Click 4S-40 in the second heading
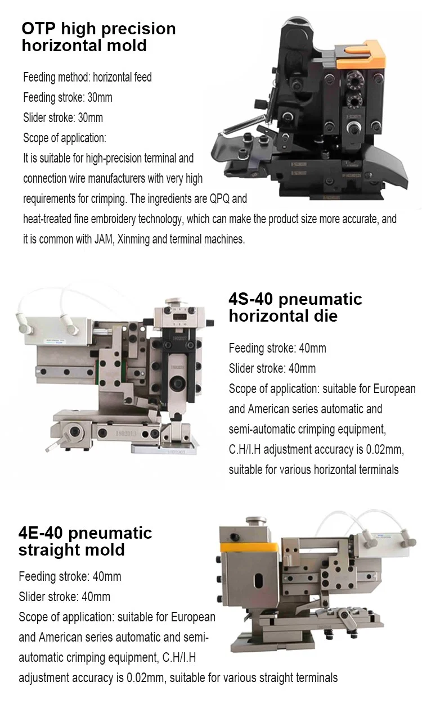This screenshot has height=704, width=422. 253,299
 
